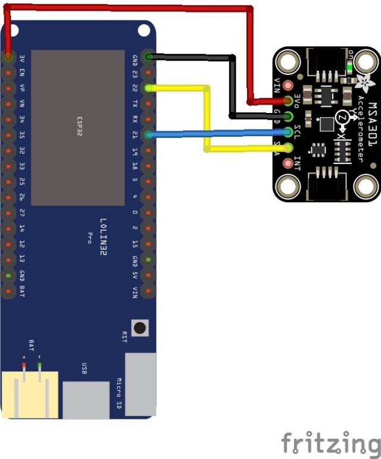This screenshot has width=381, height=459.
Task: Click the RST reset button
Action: pos(140,327)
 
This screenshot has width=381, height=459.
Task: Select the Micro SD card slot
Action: pos(140,383)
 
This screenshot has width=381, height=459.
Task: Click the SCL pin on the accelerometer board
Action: pos(289,132)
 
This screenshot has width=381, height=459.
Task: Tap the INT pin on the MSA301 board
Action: pos(289,163)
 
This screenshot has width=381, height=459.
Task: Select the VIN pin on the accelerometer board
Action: pos(289,84)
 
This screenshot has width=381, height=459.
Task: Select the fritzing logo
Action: pos(330,443)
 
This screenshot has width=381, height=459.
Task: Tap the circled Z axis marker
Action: pos(342,118)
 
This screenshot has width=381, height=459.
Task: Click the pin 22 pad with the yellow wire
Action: pos(149,88)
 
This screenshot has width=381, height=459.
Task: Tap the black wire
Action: pos(232,83)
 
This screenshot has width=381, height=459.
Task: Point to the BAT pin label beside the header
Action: pos(21,291)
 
